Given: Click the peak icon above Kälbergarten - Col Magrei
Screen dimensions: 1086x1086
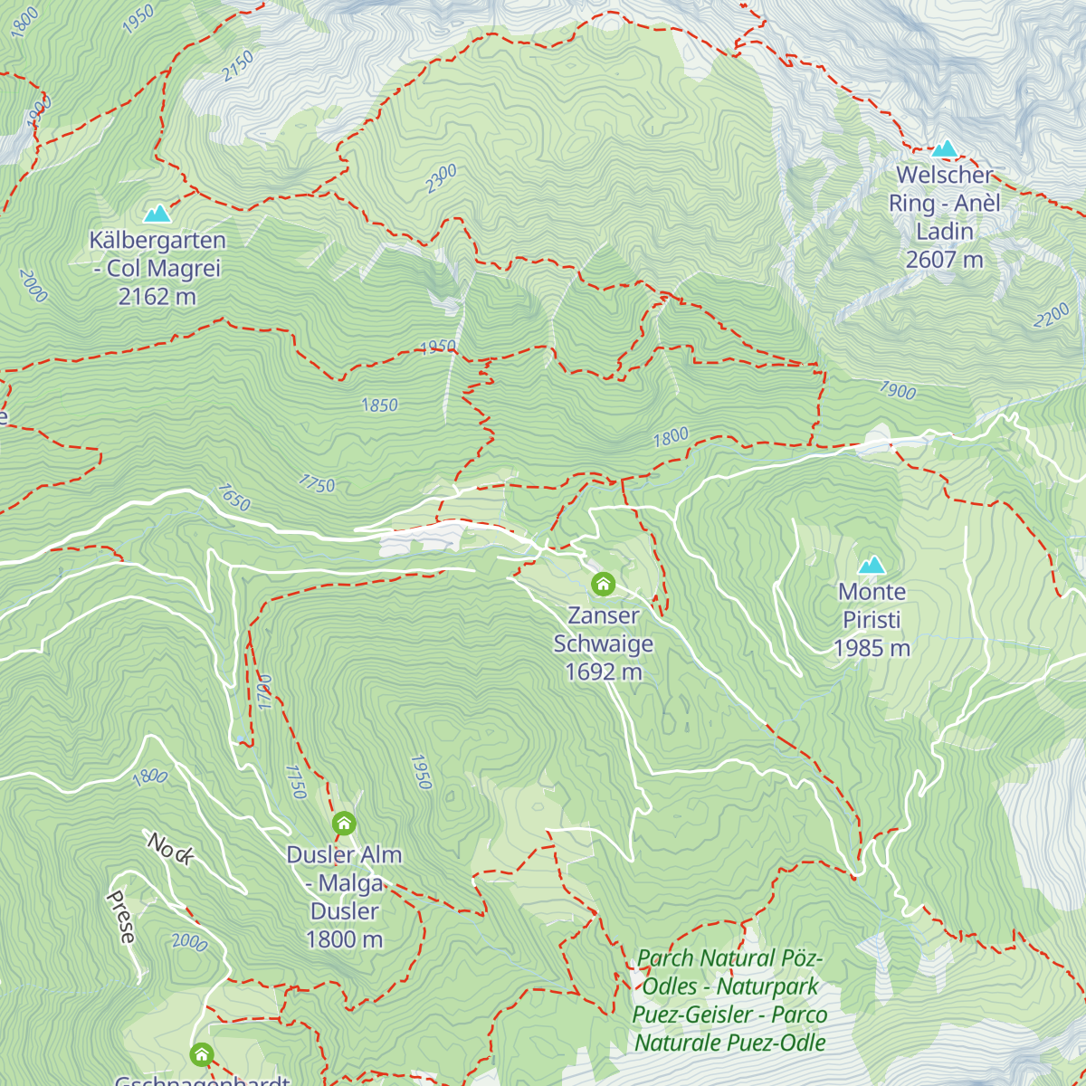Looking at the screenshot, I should [x=157, y=214].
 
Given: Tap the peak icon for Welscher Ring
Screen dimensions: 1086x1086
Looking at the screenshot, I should [x=945, y=148].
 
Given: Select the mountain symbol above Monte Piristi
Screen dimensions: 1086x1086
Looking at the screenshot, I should [x=872, y=566].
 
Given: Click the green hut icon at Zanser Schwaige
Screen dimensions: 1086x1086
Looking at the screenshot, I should [x=603, y=585].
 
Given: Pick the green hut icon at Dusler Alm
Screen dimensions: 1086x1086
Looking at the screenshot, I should [x=344, y=824].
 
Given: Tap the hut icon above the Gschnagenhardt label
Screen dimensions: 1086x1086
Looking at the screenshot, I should [x=201, y=1054].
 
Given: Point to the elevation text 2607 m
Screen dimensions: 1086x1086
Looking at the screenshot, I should [x=944, y=260].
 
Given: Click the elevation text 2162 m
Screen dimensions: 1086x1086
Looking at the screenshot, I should [x=157, y=297].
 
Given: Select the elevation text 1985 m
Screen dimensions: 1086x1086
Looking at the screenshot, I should [x=872, y=648].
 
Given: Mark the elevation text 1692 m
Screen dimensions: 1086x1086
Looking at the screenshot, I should [x=603, y=672].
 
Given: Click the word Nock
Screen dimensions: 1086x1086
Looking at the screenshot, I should [x=170, y=849].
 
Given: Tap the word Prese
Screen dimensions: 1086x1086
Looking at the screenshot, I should [x=121, y=917].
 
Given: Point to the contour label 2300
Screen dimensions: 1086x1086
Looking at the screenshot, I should [x=442, y=178].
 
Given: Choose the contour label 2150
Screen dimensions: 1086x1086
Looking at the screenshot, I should [x=239, y=66].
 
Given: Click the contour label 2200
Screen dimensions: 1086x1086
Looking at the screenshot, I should [x=1052, y=316].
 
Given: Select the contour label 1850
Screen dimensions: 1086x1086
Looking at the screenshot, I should [x=379, y=405].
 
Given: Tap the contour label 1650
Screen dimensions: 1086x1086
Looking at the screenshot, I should [x=233, y=497].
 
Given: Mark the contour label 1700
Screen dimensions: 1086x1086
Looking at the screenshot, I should [x=264, y=691].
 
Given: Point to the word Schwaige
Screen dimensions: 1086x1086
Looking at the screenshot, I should [x=603, y=643].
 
